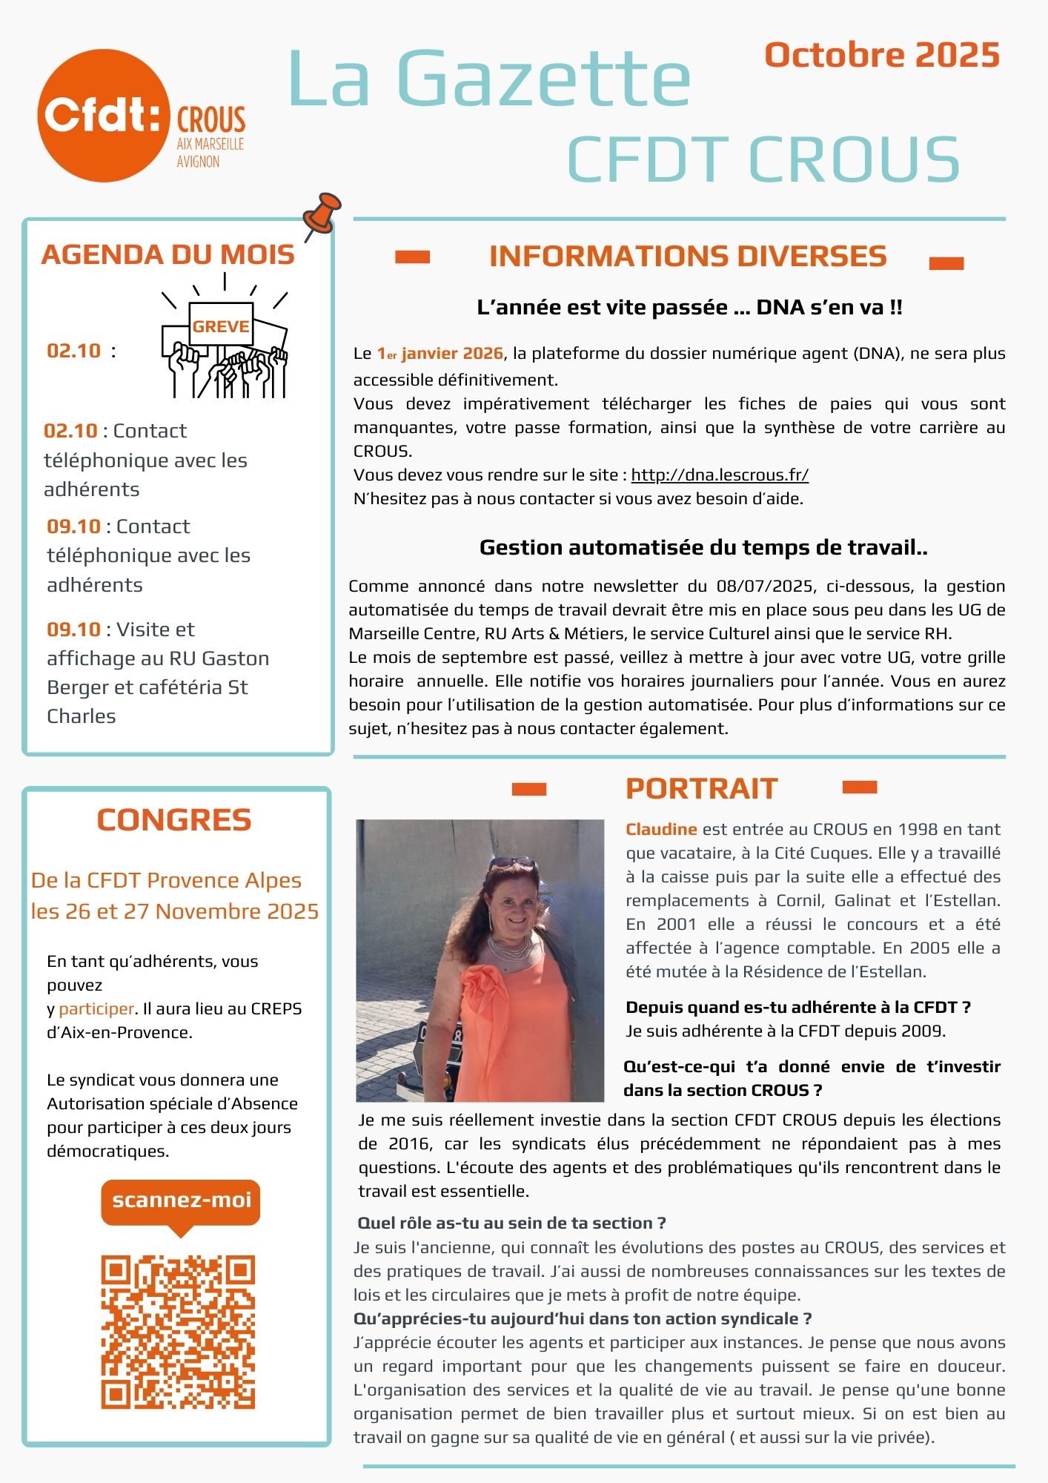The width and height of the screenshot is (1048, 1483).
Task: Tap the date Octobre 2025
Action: (x=882, y=56)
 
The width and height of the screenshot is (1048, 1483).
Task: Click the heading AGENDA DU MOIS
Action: (x=168, y=254)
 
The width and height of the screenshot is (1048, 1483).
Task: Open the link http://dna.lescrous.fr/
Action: (x=720, y=475)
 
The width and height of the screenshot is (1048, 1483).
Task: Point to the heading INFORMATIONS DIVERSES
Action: (x=688, y=257)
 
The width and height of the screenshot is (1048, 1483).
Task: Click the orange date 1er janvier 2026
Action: (x=440, y=354)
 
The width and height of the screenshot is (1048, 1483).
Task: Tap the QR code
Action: (x=178, y=1332)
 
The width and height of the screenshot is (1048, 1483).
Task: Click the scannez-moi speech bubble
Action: (x=181, y=1202)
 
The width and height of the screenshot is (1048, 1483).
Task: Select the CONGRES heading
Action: (x=174, y=820)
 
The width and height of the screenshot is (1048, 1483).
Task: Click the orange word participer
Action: (x=96, y=1009)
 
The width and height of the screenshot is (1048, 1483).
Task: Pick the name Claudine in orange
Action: (x=661, y=830)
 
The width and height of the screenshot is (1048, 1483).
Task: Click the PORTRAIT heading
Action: (x=701, y=789)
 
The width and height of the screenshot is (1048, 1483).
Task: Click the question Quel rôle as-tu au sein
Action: (x=511, y=1223)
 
